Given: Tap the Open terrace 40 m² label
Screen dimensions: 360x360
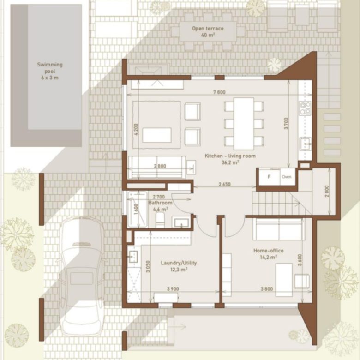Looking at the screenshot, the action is point(208,32).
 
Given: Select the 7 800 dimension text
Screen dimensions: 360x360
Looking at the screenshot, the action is point(219,92).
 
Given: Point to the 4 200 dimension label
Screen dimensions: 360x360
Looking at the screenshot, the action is point(136,130).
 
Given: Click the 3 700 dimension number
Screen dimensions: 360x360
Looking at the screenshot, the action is point(286,123).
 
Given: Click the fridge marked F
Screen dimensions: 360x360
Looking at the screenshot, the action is point(269,177).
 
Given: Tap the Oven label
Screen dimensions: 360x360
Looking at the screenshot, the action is point(287,177).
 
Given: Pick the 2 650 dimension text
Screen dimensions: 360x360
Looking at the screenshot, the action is point(224,184).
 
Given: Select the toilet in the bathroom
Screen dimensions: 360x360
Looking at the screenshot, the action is point(160,220).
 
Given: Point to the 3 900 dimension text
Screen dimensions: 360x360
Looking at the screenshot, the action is point(173,289).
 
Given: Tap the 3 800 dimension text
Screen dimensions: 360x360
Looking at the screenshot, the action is point(267,288).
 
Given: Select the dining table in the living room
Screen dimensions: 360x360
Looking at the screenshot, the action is point(244,124).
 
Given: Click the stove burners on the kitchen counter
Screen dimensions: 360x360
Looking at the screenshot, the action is point(305,108).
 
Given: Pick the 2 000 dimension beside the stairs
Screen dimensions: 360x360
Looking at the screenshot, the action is point(327,191).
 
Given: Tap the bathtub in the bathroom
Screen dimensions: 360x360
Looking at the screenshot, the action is point(138,209).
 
